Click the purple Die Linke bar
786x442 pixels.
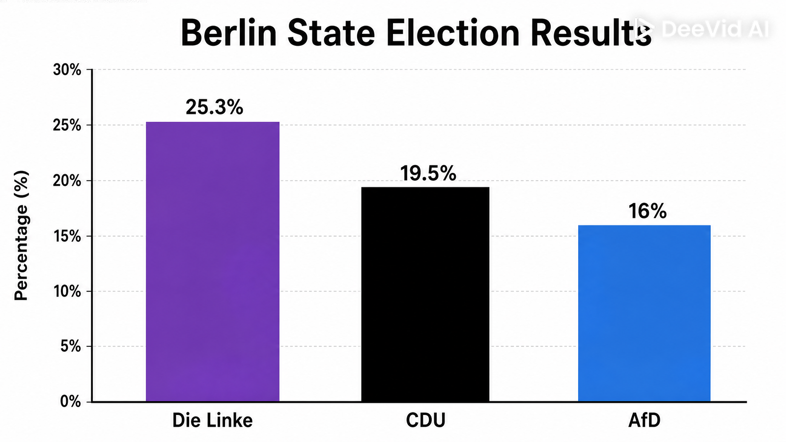click(x=213, y=262)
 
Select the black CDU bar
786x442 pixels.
click(x=425, y=294)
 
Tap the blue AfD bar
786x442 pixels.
click(x=644, y=313)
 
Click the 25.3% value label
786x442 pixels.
click(x=214, y=107)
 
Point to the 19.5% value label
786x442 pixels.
click(x=428, y=173)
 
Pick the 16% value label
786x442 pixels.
click(x=647, y=211)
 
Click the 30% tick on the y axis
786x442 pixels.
click(x=67, y=70)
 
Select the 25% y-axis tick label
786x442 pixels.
click(x=67, y=125)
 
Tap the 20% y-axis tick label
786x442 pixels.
click(x=67, y=181)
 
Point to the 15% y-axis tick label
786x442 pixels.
click(x=67, y=236)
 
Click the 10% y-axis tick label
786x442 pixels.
click(x=67, y=292)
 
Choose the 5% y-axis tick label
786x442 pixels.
click(x=71, y=347)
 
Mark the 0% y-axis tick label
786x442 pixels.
click(x=71, y=402)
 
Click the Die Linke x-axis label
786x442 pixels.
click(x=213, y=420)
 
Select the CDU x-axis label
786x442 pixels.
click(x=425, y=420)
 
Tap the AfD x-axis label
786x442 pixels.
click(x=644, y=420)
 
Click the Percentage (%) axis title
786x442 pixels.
click(x=21, y=235)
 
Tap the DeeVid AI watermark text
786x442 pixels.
click(x=716, y=29)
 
